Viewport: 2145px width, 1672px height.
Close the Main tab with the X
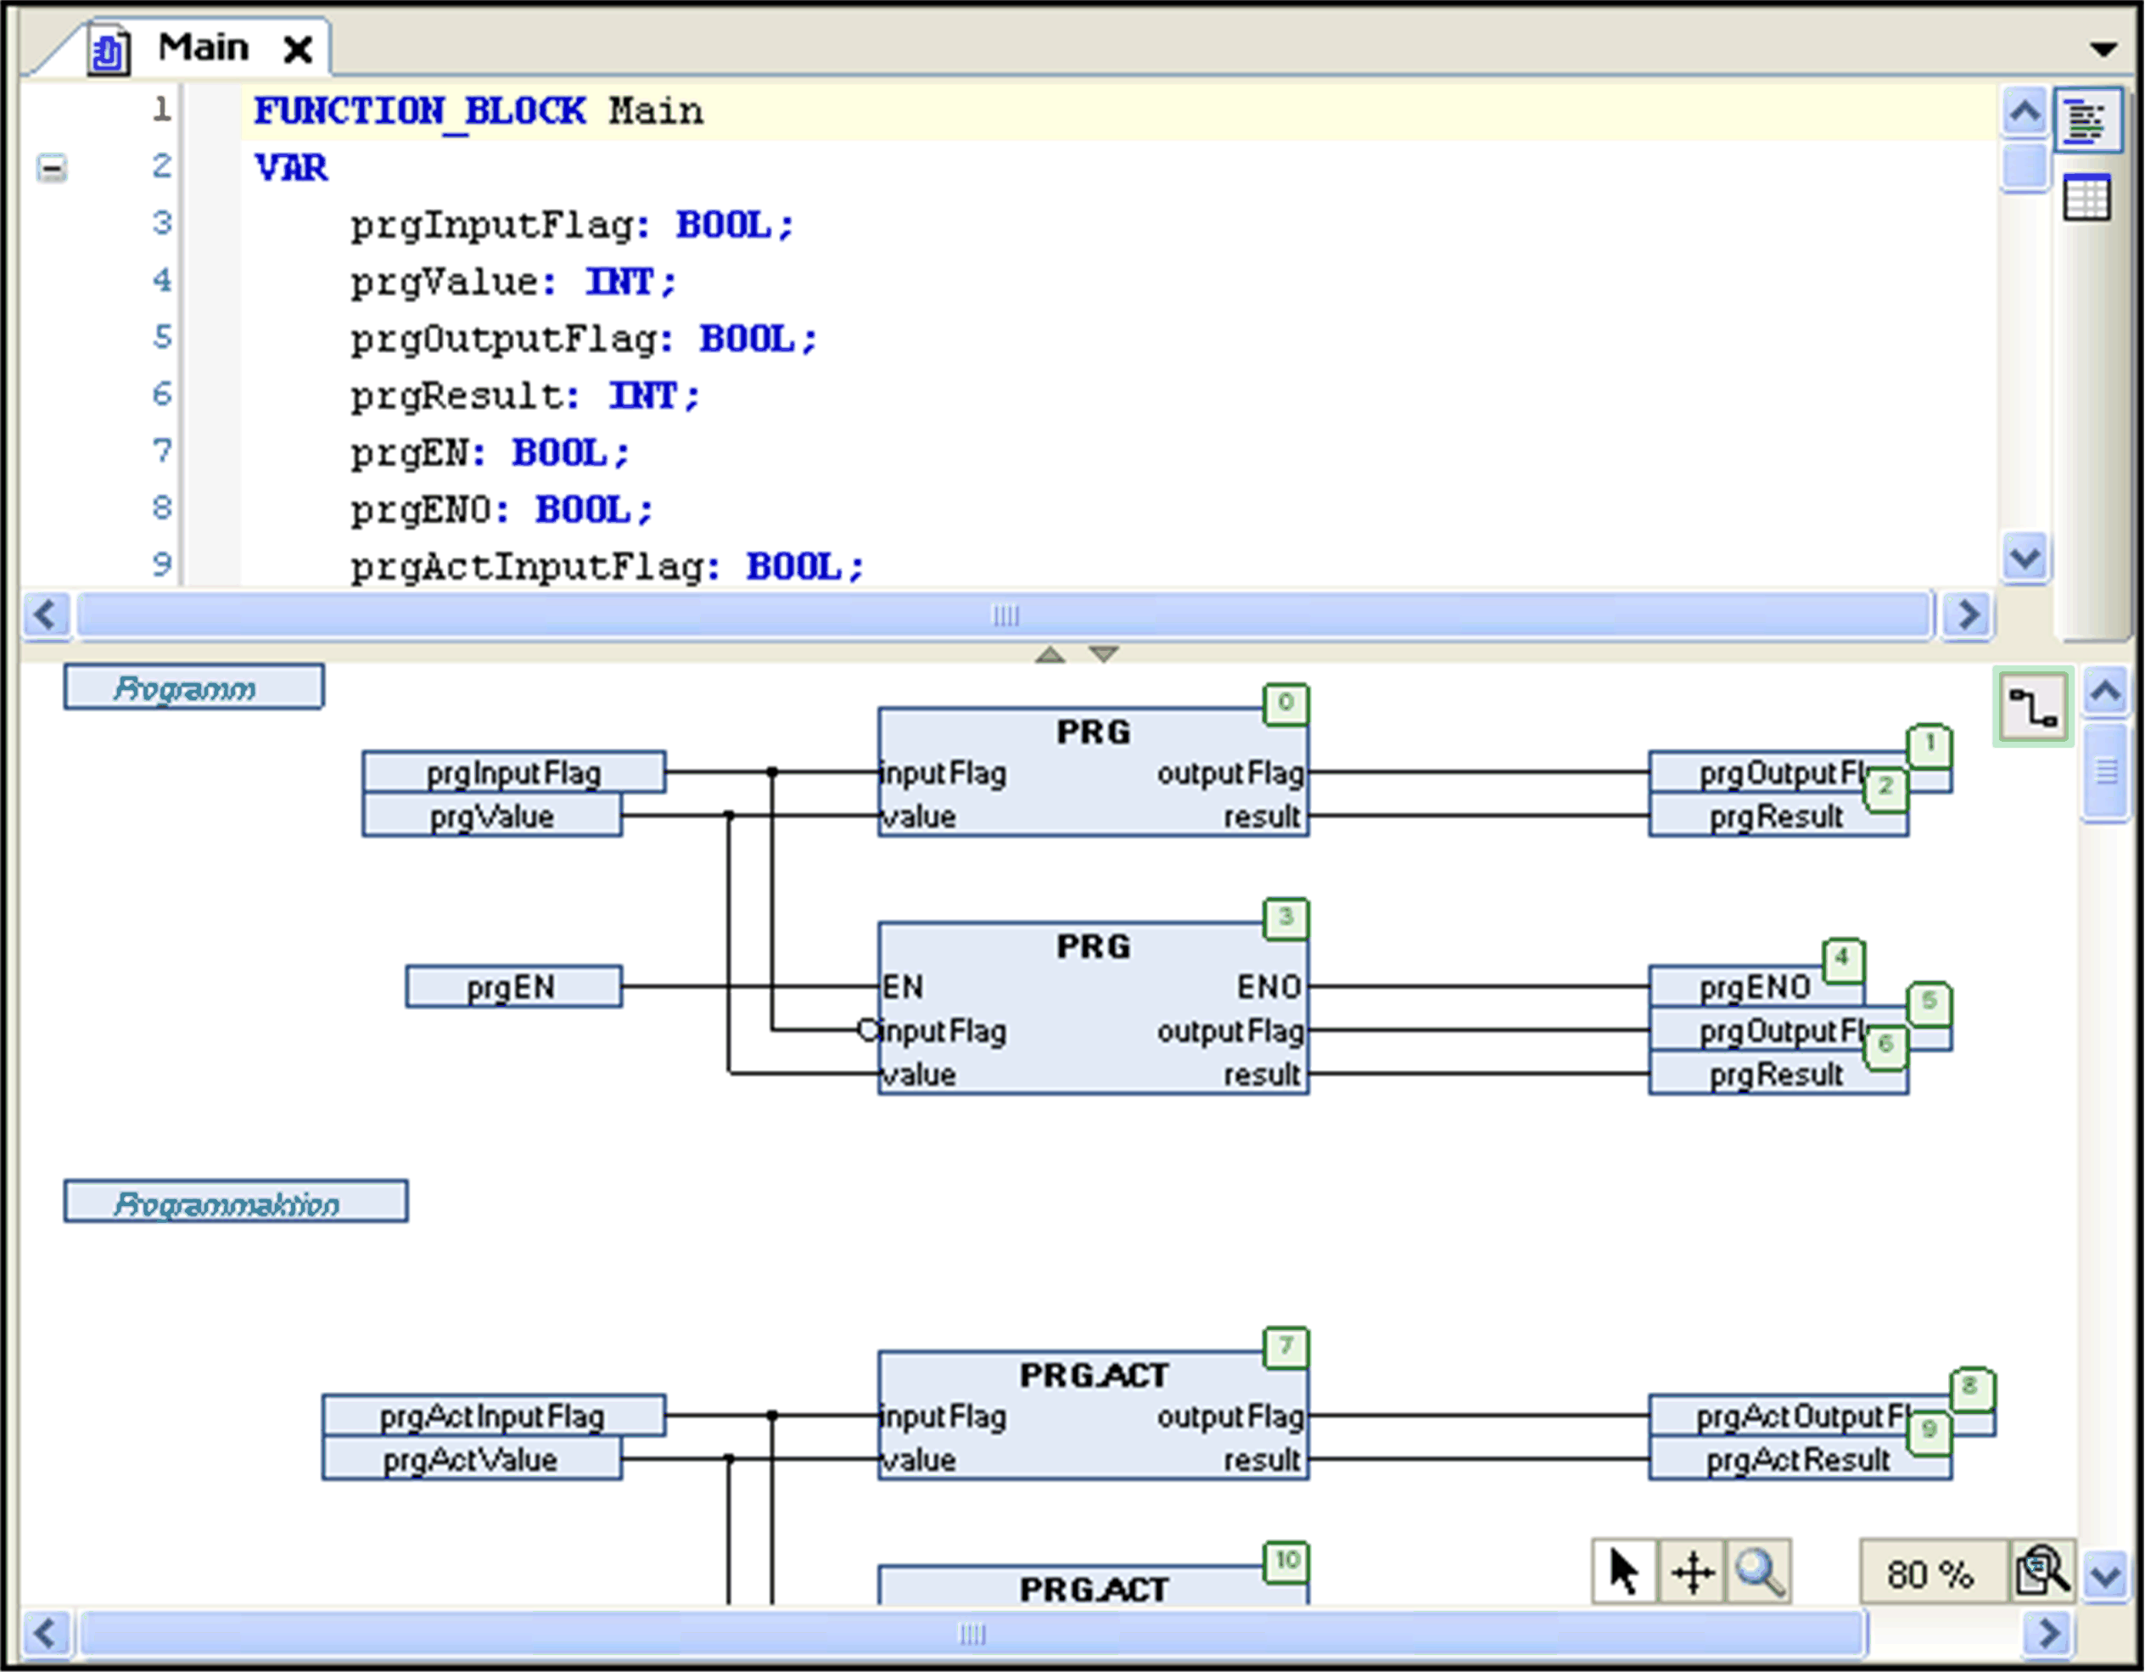(x=298, y=48)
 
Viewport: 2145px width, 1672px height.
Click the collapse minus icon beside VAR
(x=52, y=168)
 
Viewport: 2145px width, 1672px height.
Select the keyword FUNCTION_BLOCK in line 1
(x=419, y=111)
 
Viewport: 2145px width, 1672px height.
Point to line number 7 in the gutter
(x=162, y=451)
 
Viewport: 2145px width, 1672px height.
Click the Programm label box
(x=193, y=687)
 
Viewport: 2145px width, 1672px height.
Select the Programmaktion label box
(x=236, y=1203)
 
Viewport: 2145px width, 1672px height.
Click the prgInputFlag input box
(x=512, y=773)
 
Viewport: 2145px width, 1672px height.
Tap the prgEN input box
(x=512, y=987)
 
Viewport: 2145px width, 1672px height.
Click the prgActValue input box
(x=472, y=1460)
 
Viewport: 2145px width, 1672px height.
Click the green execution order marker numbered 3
(x=1285, y=918)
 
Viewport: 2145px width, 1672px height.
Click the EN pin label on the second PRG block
(x=903, y=987)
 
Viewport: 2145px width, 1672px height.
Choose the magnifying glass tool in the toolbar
(x=1758, y=1573)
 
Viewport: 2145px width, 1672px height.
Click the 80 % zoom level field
(x=1929, y=1574)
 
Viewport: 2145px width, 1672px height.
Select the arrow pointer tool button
(x=1623, y=1573)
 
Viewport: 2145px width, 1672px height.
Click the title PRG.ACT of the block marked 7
(x=1093, y=1375)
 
